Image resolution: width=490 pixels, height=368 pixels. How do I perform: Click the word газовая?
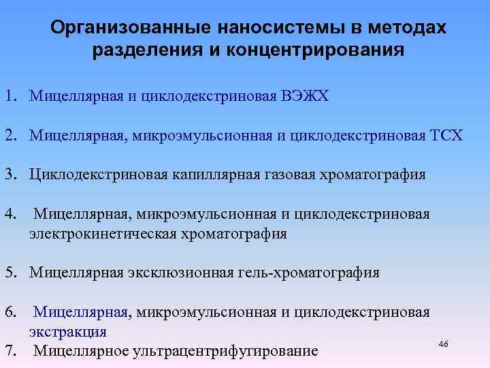click(x=284, y=174)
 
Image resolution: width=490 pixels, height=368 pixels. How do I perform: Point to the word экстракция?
click(x=67, y=332)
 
